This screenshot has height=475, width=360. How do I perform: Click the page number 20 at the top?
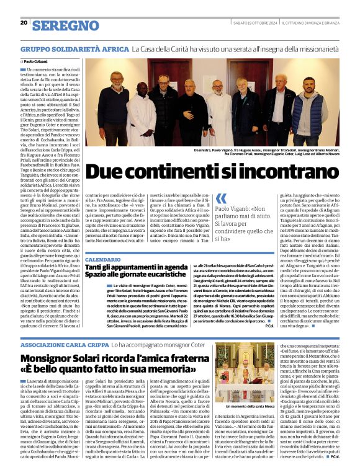(24, 23)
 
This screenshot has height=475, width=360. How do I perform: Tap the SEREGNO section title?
(65, 25)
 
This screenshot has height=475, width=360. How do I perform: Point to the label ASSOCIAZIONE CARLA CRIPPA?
(65, 344)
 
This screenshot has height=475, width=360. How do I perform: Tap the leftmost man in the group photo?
(115, 99)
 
